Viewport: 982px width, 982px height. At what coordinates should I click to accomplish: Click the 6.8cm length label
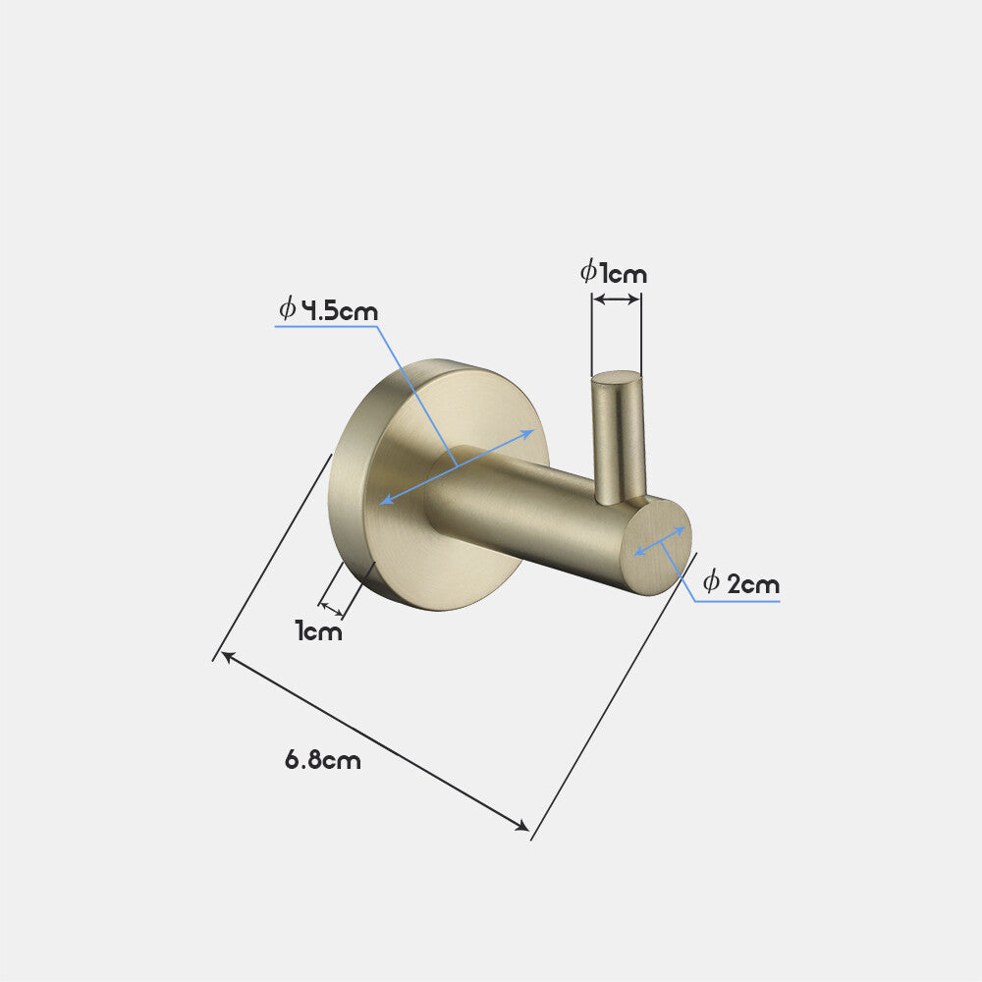323,759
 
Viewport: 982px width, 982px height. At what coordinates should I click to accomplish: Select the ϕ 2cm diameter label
741,583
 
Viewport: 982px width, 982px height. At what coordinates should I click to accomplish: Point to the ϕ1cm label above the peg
614,272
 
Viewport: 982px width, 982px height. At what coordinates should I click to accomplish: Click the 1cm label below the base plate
319,631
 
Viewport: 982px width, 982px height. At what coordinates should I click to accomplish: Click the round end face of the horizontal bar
658,546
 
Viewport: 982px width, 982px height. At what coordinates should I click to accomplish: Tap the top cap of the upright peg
616,376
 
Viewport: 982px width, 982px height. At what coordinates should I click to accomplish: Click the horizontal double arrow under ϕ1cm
616,299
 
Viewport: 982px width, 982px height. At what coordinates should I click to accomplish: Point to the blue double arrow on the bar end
660,541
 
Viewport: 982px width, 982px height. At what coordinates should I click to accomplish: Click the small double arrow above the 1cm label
332,610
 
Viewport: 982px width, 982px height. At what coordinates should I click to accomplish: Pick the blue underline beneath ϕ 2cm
738,600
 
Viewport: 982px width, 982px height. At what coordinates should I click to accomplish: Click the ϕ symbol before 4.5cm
287,310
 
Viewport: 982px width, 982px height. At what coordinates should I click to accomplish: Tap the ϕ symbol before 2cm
711,582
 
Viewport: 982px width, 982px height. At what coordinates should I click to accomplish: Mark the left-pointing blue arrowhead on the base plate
385,501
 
